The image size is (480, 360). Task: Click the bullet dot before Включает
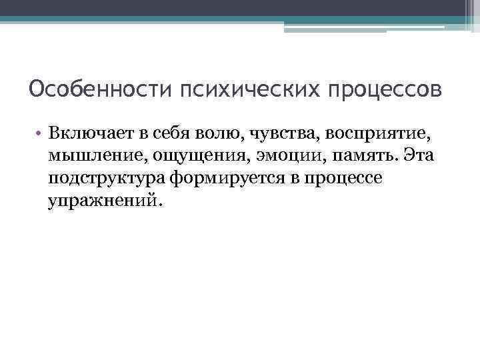pyautogui.click(x=40, y=135)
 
